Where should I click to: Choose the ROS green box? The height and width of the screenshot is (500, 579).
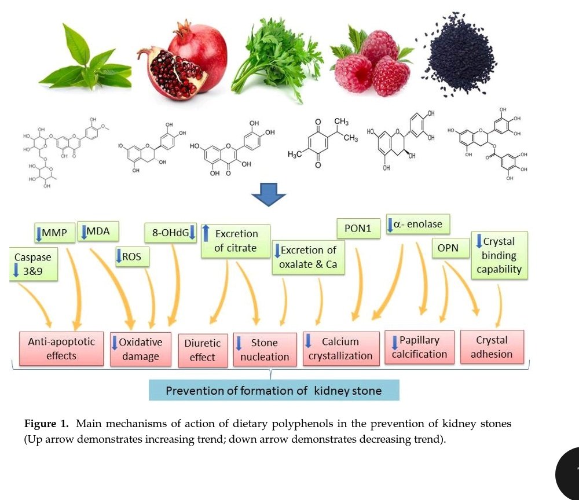coord(132,257)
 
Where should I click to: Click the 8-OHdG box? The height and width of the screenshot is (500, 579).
coord(171,233)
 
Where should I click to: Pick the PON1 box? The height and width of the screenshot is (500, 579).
coord(358,229)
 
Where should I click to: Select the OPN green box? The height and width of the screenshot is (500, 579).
coord(448,248)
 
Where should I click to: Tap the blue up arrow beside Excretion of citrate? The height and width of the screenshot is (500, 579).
coord(205,234)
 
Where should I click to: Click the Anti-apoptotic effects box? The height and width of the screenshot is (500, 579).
coord(61,348)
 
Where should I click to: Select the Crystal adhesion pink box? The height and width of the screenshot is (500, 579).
coord(492,347)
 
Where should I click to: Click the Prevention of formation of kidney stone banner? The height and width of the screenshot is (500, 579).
coord(274,391)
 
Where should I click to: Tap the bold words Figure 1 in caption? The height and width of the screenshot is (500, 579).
coord(46,424)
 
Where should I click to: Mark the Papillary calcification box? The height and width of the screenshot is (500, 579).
coord(419,347)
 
